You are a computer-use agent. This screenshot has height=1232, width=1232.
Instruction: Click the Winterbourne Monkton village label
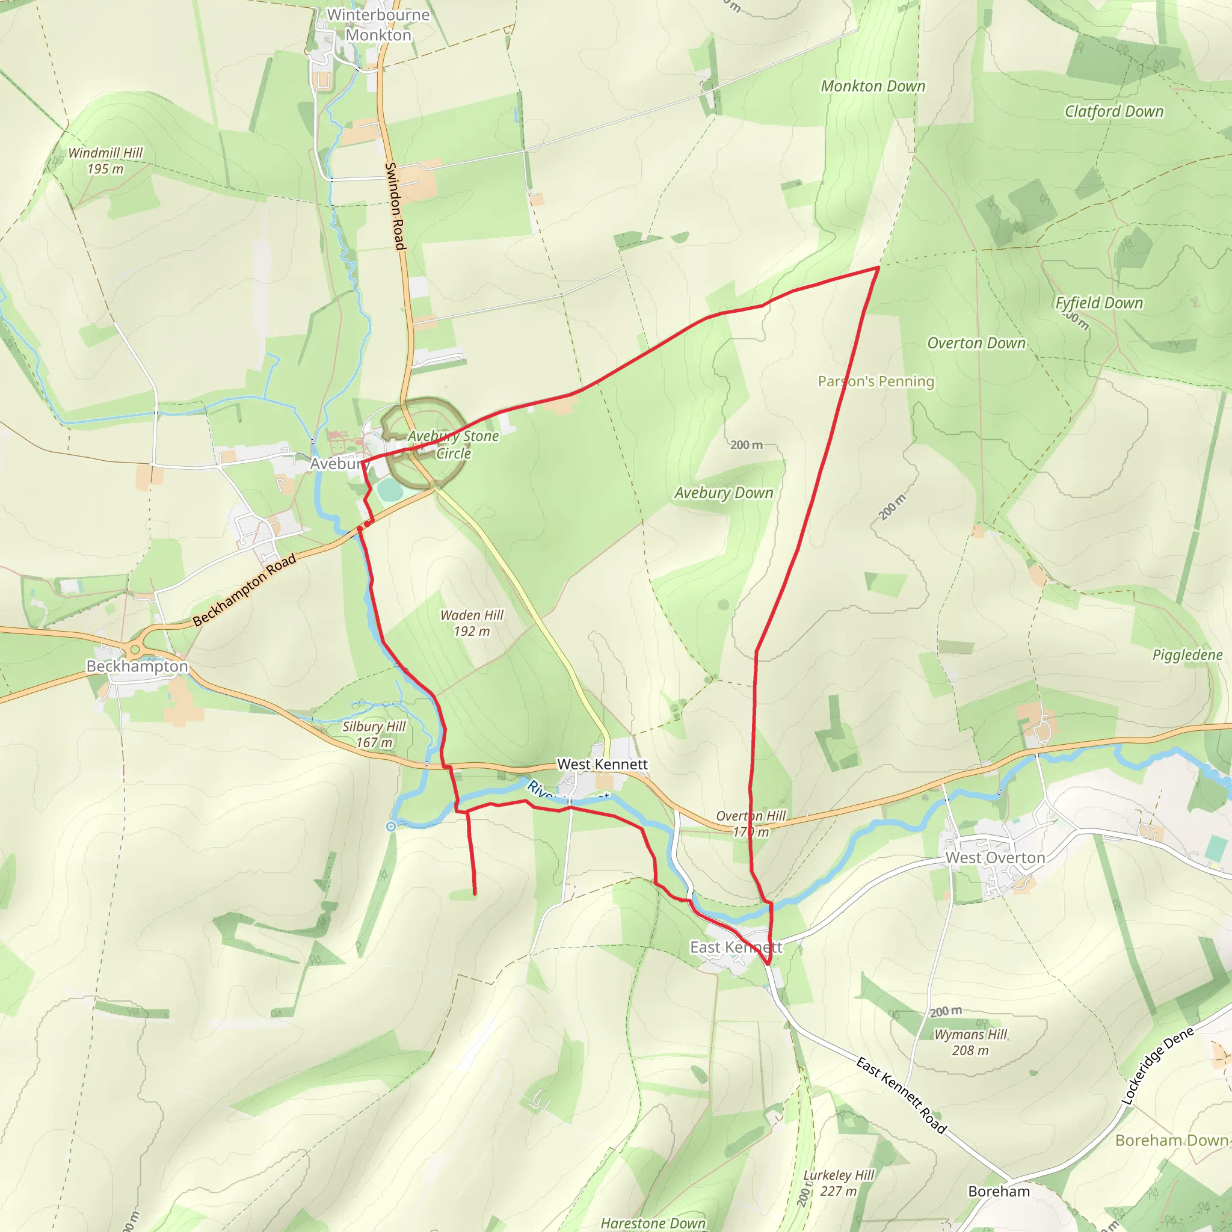click(378, 25)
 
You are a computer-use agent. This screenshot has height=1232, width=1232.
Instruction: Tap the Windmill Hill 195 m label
click(105, 161)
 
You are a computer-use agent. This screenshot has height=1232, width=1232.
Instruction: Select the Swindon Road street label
click(395, 206)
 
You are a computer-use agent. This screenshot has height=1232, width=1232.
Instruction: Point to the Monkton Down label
click(872, 86)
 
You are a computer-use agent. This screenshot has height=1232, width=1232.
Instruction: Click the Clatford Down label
click(1113, 112)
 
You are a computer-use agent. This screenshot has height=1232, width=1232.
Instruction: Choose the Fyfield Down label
click(1098, 303)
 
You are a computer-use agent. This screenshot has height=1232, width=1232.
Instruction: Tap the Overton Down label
click(976, 343)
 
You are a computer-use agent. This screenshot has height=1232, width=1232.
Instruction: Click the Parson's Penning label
click(875, 381)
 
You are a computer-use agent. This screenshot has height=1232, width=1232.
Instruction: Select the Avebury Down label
click(723, 493)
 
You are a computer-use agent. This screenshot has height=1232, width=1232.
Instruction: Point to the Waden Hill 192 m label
click(471, 623)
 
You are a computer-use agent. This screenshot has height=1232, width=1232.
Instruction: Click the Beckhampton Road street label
click(245, 590)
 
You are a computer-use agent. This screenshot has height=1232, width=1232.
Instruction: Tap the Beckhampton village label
click(137, 667)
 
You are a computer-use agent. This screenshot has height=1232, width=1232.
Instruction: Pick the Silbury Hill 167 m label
click(374, 734)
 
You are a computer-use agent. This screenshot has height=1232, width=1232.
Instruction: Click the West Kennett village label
click(602, 764)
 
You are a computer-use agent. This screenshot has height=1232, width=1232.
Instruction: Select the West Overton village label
click(995, 858)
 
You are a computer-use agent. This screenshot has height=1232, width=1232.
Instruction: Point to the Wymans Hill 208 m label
click(970, 1042)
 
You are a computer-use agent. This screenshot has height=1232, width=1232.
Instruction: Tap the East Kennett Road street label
click(901, 1094)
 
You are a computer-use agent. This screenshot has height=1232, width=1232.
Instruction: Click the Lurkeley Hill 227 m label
click(839, 1183)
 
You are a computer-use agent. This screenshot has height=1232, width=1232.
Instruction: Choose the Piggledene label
click(1187, 655)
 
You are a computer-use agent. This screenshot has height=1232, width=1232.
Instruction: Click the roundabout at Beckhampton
click(135, 650)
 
